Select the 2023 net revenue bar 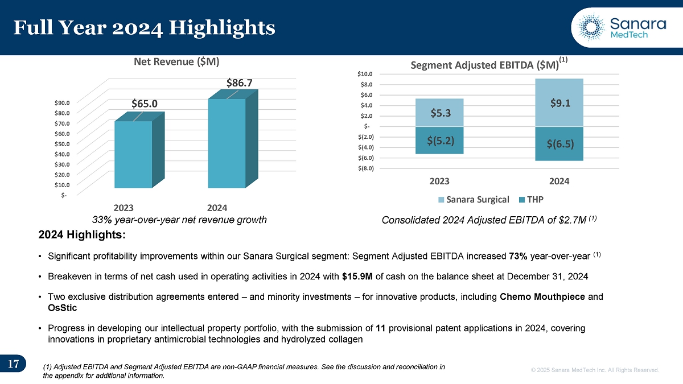[133, 154]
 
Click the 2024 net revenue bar [227, 143]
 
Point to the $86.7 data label [240, 83]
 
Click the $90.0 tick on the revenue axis [63, 102]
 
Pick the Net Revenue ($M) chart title [176, 60]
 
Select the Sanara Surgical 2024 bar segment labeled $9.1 [560, 102]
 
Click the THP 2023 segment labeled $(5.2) [440, 140]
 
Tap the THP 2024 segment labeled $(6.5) [560, 143]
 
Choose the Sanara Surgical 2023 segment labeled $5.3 [440, 113]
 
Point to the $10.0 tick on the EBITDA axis [366, 74]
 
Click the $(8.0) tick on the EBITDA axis [366, 168]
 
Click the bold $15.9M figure [357, 276]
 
